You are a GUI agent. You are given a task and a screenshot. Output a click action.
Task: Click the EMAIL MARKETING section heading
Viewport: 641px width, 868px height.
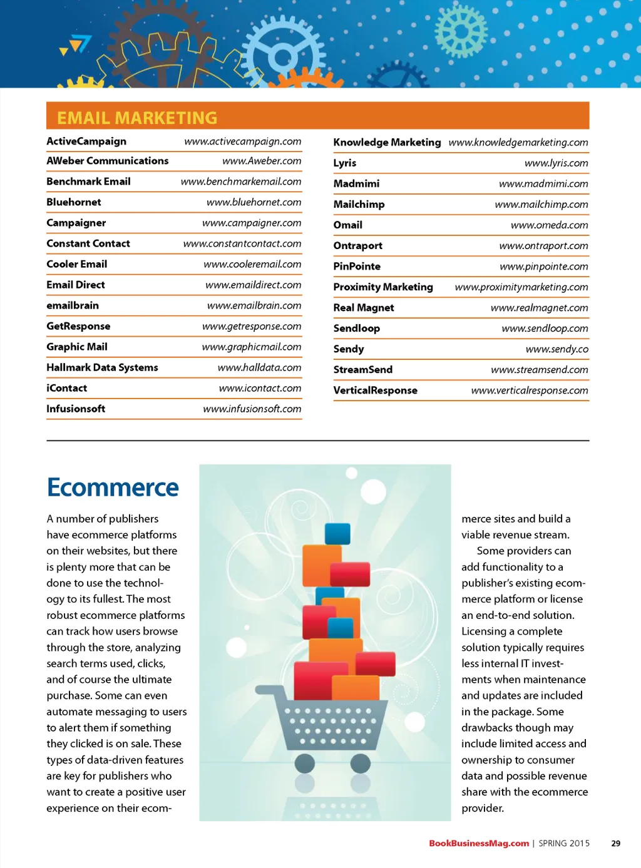pyautogui.click(x=137, y=118)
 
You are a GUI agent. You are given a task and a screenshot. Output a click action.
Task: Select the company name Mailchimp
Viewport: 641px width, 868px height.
pyautogui.click(x=359, y=204)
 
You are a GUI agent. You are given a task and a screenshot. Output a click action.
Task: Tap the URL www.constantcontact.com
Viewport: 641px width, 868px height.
pyautogui.click(x=242, y=243)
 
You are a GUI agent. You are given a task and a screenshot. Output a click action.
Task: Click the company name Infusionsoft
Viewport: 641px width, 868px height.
pyautogui.click(x=76, y=409)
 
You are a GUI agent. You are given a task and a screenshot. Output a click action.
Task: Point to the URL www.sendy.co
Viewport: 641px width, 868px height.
pyautogui.click(x=556, y=349)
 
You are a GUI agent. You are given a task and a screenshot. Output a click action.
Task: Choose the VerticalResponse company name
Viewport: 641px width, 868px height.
pyautogui.click(x=375, y=391)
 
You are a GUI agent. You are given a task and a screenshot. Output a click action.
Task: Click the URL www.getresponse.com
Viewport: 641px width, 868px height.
pyautogui.click(x=252, y=326)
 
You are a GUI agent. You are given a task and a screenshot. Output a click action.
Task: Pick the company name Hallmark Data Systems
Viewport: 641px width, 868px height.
pyautogui.click(x=102, y=367)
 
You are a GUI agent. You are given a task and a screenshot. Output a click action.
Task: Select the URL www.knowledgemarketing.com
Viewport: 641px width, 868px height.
pyautogui.click(x=518, y=142)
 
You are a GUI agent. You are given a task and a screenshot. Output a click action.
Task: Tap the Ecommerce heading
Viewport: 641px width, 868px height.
pyautogui.click(x=113, y=488)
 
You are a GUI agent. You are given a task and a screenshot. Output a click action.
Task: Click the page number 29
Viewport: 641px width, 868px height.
pyautogui.click(x=615, y=844)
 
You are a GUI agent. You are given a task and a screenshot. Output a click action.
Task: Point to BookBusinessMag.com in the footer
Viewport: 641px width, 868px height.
pyautogui.click(x=479, y=844)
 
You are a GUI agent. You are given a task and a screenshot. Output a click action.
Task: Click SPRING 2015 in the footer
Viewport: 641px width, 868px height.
pyautogui.click(x=564, y=844)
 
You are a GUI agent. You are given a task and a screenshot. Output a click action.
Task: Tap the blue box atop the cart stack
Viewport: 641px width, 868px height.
pyautogui.click(x=337, y=534)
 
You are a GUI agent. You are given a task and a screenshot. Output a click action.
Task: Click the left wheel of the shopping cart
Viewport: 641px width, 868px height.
pyautogui.click(x=305, y=763)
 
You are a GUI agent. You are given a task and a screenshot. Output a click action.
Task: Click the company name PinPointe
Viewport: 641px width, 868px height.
pyautogui.click(x=357, y=266)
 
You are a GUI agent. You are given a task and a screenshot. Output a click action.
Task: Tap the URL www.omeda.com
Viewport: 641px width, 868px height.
pyautogui.click(x=549, y=225)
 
